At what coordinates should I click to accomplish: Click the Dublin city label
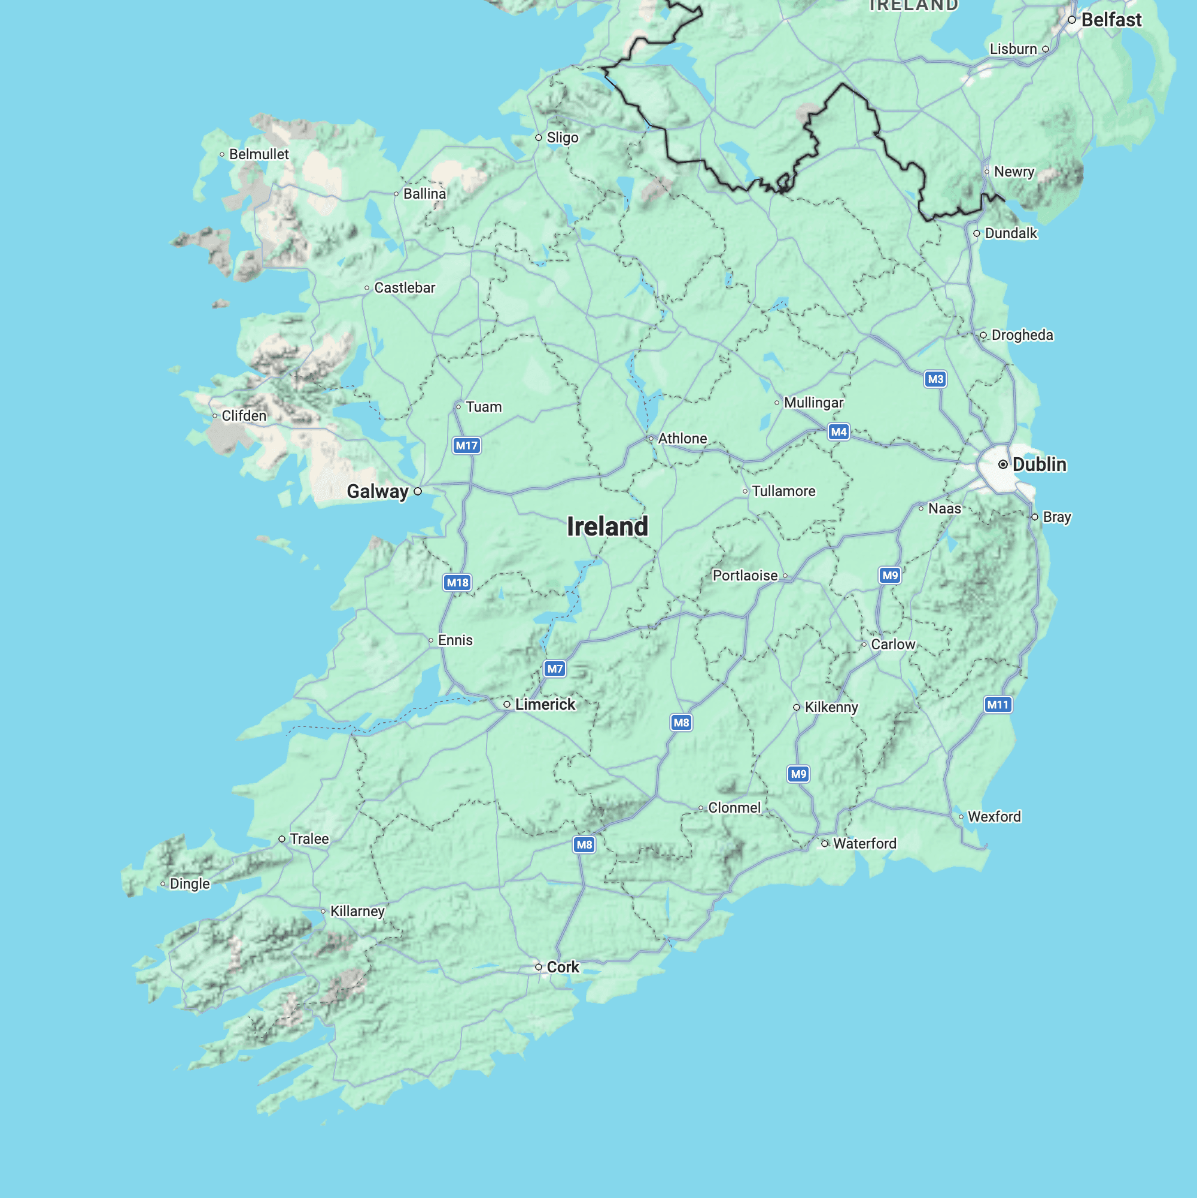tap(1039, 464)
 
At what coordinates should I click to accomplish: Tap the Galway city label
tap(377, 492)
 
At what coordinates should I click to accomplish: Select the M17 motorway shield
tap(466, 445)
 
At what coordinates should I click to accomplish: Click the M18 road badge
tap(458, 582)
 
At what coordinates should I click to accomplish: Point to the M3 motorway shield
tap(935, 379)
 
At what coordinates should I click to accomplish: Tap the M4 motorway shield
tap(838, 431)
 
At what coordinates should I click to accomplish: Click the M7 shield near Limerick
tap(555, 668)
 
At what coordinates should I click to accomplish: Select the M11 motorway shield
tap(998, 704)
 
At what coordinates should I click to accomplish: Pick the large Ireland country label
tap(607, 527)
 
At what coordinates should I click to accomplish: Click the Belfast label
tap(1111, 20)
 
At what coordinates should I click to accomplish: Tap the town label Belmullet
tap(259, 154)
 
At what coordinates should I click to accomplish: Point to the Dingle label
tap(190, 884)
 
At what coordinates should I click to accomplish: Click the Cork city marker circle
tap(538, 966)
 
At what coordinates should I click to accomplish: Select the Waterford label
tap(865, 843)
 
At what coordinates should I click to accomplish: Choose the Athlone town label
tap(682, 439)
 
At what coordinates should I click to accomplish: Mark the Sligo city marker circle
tap(538, 138)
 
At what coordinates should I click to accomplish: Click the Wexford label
tap(994, 817)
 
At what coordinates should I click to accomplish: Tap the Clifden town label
tap(244, 415)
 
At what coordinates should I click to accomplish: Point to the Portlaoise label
tap(745, 576)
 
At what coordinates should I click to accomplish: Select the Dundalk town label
tap(1011, 233)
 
